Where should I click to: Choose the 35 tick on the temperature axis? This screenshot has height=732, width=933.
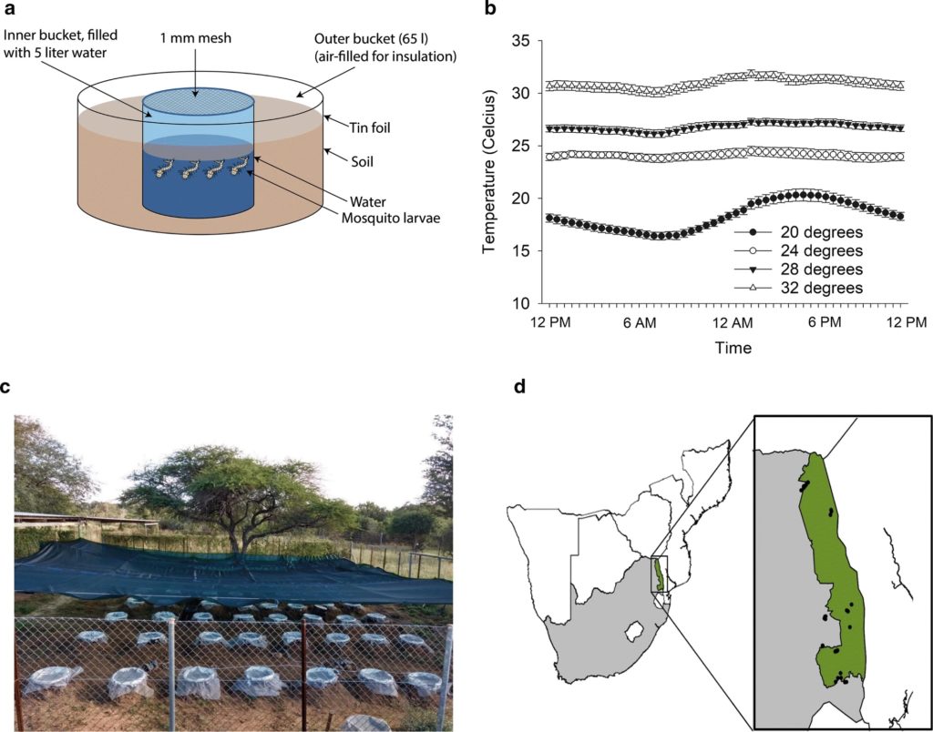(x=519, y=41)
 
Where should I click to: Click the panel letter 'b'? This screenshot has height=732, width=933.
(x=491, y=10)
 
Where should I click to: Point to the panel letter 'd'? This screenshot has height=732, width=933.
(x=520, y=387)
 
